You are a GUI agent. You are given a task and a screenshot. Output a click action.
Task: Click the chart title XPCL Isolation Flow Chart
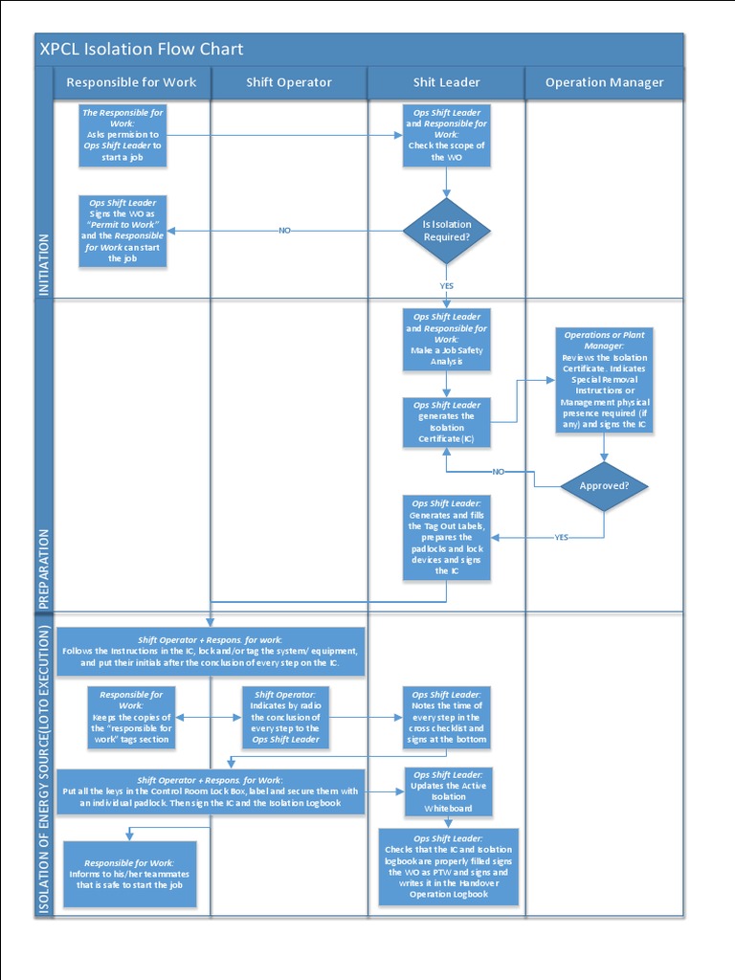pos(142,50)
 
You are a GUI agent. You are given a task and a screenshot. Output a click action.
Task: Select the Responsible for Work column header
pos(131,82)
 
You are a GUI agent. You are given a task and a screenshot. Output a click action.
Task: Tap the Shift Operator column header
pos(289,82)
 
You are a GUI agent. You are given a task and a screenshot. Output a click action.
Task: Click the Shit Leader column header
pos(446,82)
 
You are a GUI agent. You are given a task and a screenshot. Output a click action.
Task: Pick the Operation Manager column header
pos(604,82)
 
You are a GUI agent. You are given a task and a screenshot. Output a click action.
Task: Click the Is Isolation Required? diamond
pos(447,231)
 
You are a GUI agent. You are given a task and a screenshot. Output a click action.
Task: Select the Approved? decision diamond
pos(604,485)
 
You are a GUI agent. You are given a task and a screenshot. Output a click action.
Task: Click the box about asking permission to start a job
pos(122,135)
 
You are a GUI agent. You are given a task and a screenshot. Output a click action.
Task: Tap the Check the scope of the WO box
pos(447,135)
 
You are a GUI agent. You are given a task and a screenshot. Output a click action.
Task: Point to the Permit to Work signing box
pos(122,231)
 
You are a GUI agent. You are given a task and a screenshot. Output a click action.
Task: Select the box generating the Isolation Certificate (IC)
pos(447,422)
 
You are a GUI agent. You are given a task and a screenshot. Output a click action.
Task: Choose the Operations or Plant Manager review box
pos(604,380)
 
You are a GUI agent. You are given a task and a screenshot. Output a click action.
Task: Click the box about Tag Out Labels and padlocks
pos(447,537)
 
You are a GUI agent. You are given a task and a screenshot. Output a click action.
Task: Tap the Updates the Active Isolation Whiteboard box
pos(447,791)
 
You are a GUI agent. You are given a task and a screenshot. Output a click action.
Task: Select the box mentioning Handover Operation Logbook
pos(448,867)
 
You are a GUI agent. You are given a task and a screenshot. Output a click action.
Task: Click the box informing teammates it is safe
pos(131,874)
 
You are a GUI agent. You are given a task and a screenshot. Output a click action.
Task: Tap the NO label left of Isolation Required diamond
pos(284,231)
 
